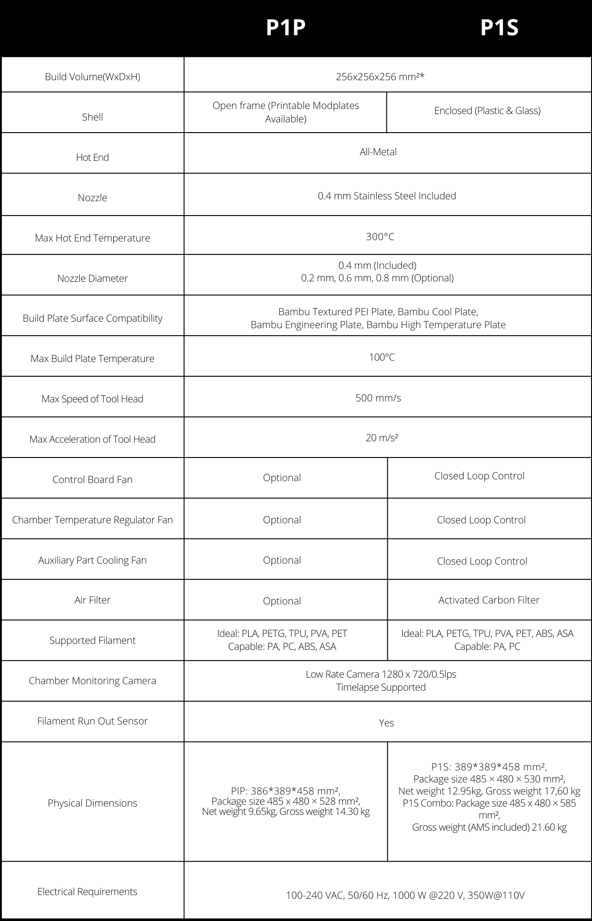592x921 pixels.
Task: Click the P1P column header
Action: point(285,28)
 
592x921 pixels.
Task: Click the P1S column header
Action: point(499,28)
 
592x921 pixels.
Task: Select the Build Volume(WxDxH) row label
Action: point(92,77)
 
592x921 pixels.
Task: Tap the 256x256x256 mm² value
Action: point(380,77)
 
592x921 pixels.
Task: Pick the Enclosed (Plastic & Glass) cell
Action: point(487,111)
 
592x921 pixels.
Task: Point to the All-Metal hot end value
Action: point(378,152)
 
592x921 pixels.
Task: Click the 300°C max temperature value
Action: point(380,237)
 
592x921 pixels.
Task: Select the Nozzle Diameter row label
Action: point(92,278)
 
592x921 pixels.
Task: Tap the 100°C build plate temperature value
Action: point(382,357)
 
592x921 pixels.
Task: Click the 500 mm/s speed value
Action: point(378,398)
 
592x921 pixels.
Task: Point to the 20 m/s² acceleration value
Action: point(382,438)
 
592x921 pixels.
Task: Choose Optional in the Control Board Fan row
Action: point(282,478)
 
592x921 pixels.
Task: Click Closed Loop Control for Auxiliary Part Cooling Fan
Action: point(482,561)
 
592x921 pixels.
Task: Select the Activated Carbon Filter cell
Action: point(489,600)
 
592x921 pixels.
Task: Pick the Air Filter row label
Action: point(92,600)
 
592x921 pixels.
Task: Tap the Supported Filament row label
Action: point(92,641)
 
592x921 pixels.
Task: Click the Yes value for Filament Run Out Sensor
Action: point(386,723)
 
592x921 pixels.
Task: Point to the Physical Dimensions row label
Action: point(92,803)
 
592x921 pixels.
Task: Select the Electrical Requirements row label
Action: point(87,892)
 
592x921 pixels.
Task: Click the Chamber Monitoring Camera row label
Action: point(92,681)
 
